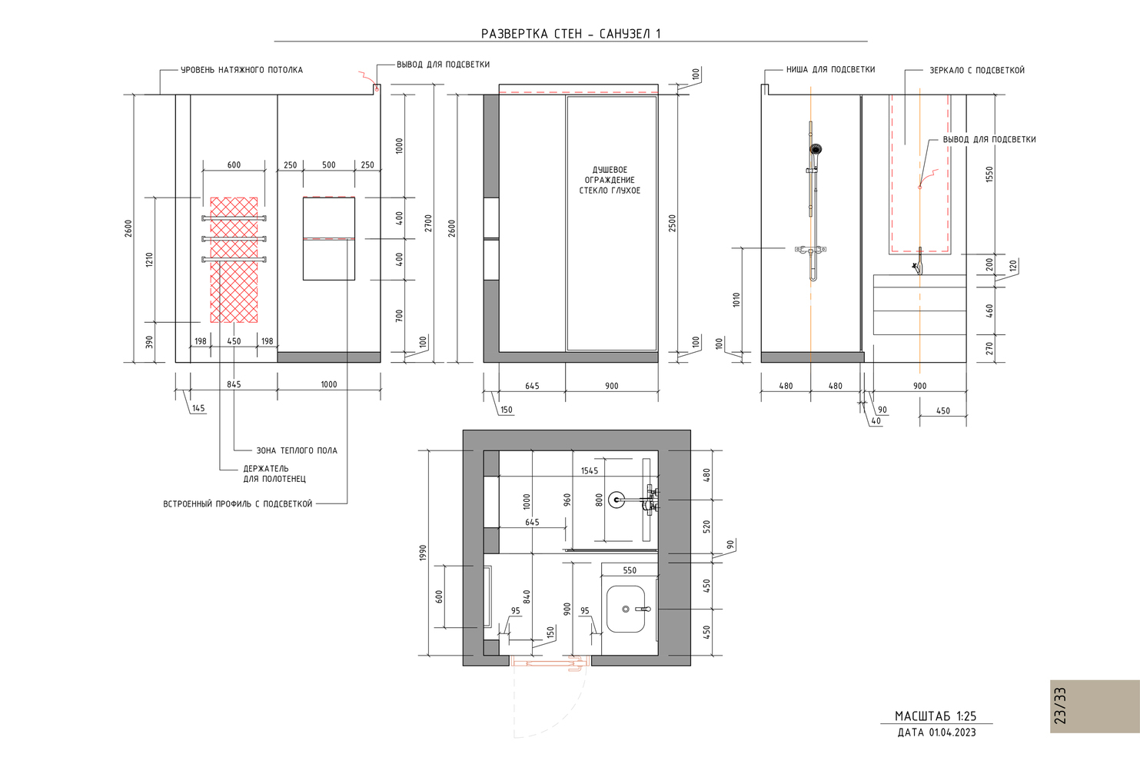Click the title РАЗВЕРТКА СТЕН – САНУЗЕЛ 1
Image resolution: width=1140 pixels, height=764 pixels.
(570, 34)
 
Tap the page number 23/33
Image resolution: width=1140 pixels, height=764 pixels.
(1060, 706)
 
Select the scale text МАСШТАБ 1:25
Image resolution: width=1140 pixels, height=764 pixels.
(936, 716)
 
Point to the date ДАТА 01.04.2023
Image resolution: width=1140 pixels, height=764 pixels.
(936, 732)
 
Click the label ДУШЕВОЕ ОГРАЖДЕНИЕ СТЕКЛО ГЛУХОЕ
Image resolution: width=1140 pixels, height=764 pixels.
(610, 180)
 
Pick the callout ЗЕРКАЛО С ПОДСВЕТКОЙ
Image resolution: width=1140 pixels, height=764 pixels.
(977, 70)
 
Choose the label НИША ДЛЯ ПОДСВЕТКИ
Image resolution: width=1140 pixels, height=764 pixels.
(830, 69)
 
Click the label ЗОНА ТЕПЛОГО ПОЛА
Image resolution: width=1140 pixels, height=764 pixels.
(297, 450)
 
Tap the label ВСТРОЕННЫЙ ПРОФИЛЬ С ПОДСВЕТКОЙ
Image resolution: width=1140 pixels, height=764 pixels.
(238, 504)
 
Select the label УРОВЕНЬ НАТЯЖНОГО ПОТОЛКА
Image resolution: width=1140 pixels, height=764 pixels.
(241, 70)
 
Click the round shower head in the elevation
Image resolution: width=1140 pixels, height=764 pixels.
(816, 149)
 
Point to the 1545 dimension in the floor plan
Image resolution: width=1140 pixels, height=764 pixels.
(590, 471)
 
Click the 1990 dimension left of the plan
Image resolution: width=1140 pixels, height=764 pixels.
(423, 553)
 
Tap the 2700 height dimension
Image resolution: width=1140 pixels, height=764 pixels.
(428, 223)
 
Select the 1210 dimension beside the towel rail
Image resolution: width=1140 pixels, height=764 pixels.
(149, 260)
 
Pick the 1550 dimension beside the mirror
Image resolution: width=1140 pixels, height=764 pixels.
(989, 174)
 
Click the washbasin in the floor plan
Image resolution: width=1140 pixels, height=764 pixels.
(626, 609)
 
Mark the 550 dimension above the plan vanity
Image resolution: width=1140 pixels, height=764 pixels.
(630, 570)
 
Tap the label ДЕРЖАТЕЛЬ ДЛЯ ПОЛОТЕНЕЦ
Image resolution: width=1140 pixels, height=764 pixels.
(274, 474)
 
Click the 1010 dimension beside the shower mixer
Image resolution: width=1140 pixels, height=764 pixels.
(736, 299)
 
